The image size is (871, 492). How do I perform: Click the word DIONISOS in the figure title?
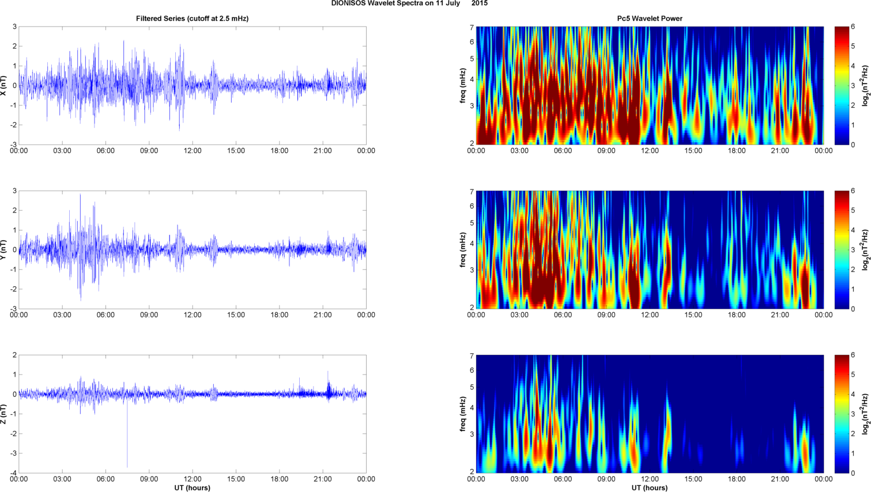[348, 3]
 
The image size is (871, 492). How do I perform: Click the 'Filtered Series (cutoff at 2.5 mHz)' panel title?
[192, 18]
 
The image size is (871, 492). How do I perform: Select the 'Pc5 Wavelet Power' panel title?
[650, 18]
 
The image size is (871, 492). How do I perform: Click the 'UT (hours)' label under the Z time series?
[192, 488]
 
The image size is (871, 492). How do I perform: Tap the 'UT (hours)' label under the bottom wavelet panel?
[650, 488]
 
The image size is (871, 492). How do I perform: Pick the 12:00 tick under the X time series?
[193, 151]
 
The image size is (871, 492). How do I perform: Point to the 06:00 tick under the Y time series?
[105, 315]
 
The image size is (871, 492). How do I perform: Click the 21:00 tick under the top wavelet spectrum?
[780, 151]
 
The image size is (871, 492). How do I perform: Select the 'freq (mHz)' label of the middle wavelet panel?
[463, 249]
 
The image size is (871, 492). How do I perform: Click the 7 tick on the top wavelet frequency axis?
[472, 28]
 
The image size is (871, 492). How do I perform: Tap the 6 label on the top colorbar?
[853, 27]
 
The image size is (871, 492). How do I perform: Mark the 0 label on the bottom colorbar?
[853, 473]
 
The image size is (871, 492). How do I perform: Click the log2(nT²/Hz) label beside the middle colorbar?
[865, 249]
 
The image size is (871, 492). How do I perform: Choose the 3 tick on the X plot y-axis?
[14, 27]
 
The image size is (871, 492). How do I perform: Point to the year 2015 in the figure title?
[479, 3]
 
